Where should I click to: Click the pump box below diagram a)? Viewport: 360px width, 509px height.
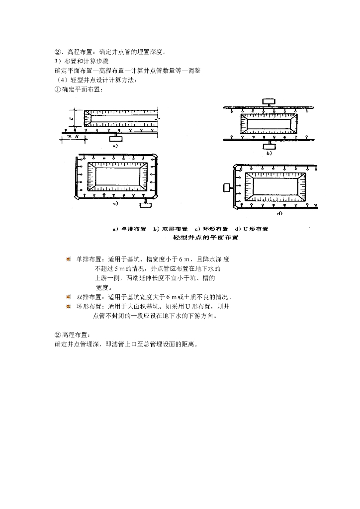[x=116, y=135]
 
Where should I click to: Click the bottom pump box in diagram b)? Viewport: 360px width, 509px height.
[x=269, y=144]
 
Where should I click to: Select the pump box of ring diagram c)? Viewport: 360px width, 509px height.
[x=147, y=204]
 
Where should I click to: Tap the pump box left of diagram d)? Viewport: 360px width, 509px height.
[x=229, y=187]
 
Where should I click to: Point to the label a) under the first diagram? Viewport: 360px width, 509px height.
[x=114, y=147]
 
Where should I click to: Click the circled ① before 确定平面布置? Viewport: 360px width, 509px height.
[x=57, y=90]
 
